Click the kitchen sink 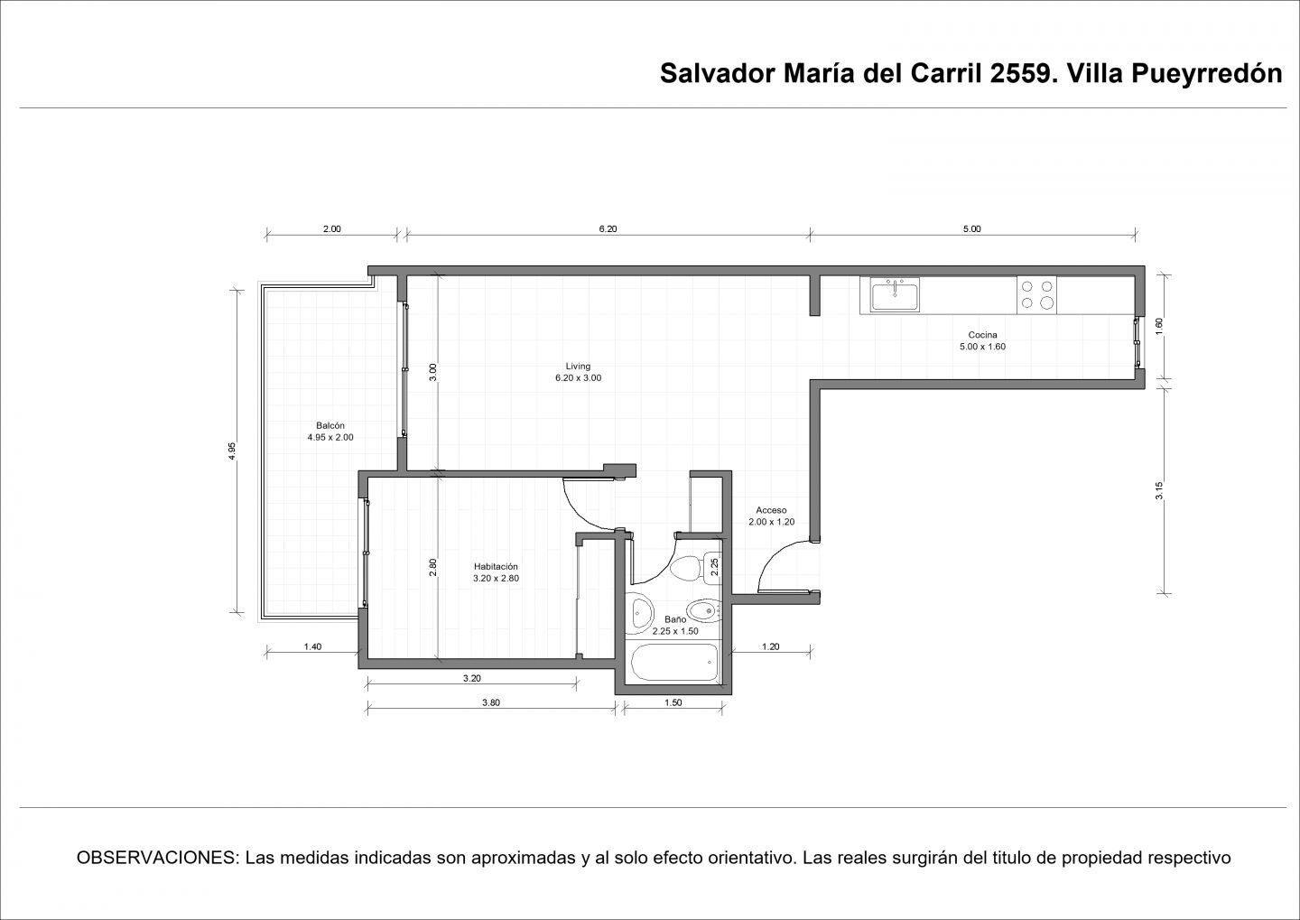point(895,294)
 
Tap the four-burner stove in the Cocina point(1036,295)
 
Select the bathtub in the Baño point(674,662)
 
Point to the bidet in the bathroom point(702,610)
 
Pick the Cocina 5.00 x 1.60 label point(982,340)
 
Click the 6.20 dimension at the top point(608,228)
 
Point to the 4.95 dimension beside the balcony point(231,451)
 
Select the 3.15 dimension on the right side point(1159,491)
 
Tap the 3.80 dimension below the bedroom point(491,702)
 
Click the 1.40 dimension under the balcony point(312,646)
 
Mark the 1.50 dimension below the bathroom point(673,702)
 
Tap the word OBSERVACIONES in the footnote point(157,858)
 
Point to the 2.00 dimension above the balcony point(332,228)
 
